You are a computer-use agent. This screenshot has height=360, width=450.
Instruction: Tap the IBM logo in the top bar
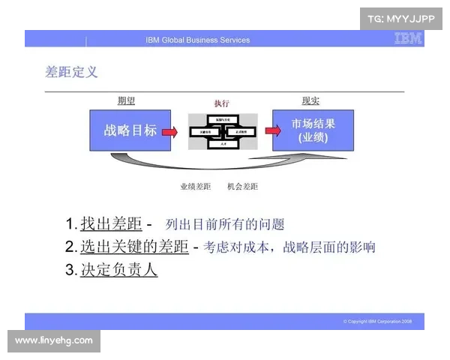pos(408,39)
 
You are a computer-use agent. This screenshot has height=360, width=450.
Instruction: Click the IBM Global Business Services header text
pos(198,40)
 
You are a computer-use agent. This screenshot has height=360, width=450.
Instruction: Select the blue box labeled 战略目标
pos(130,130)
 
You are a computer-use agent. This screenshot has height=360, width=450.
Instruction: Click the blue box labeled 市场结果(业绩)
pos(313,130)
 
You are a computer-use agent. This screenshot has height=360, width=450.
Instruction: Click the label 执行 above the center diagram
pos(221,103)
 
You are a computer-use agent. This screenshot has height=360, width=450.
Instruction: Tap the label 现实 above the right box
pos(310,101)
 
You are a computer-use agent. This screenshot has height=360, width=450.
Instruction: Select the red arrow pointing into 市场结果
pos(263,131)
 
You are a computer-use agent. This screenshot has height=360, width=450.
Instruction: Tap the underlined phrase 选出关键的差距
pos(134,247)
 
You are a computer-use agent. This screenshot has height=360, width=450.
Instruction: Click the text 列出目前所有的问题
pos(225,224)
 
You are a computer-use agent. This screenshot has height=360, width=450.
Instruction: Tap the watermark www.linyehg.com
pos(53,341)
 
